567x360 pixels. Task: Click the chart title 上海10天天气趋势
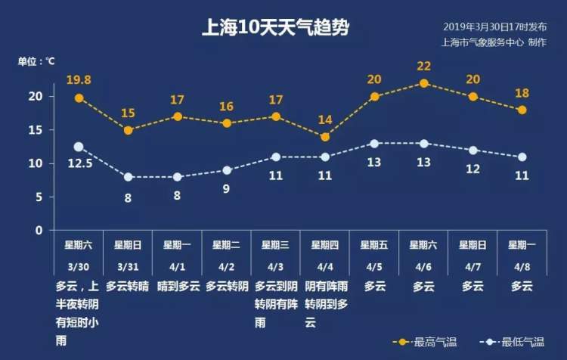276,29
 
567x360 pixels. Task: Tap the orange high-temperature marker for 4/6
424,83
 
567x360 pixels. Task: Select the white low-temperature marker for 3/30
79,147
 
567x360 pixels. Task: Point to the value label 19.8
79,79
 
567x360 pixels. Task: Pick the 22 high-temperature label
424,66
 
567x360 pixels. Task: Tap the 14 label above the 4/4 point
325,119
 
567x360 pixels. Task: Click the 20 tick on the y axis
35,96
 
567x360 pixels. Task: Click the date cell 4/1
178,267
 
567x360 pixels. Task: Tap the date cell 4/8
522,267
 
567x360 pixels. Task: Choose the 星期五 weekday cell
374,244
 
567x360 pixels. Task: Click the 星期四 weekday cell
325,244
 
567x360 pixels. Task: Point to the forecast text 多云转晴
128,287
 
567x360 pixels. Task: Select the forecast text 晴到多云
178,287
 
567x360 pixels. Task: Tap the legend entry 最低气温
513,342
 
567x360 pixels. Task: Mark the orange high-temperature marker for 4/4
325,137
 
